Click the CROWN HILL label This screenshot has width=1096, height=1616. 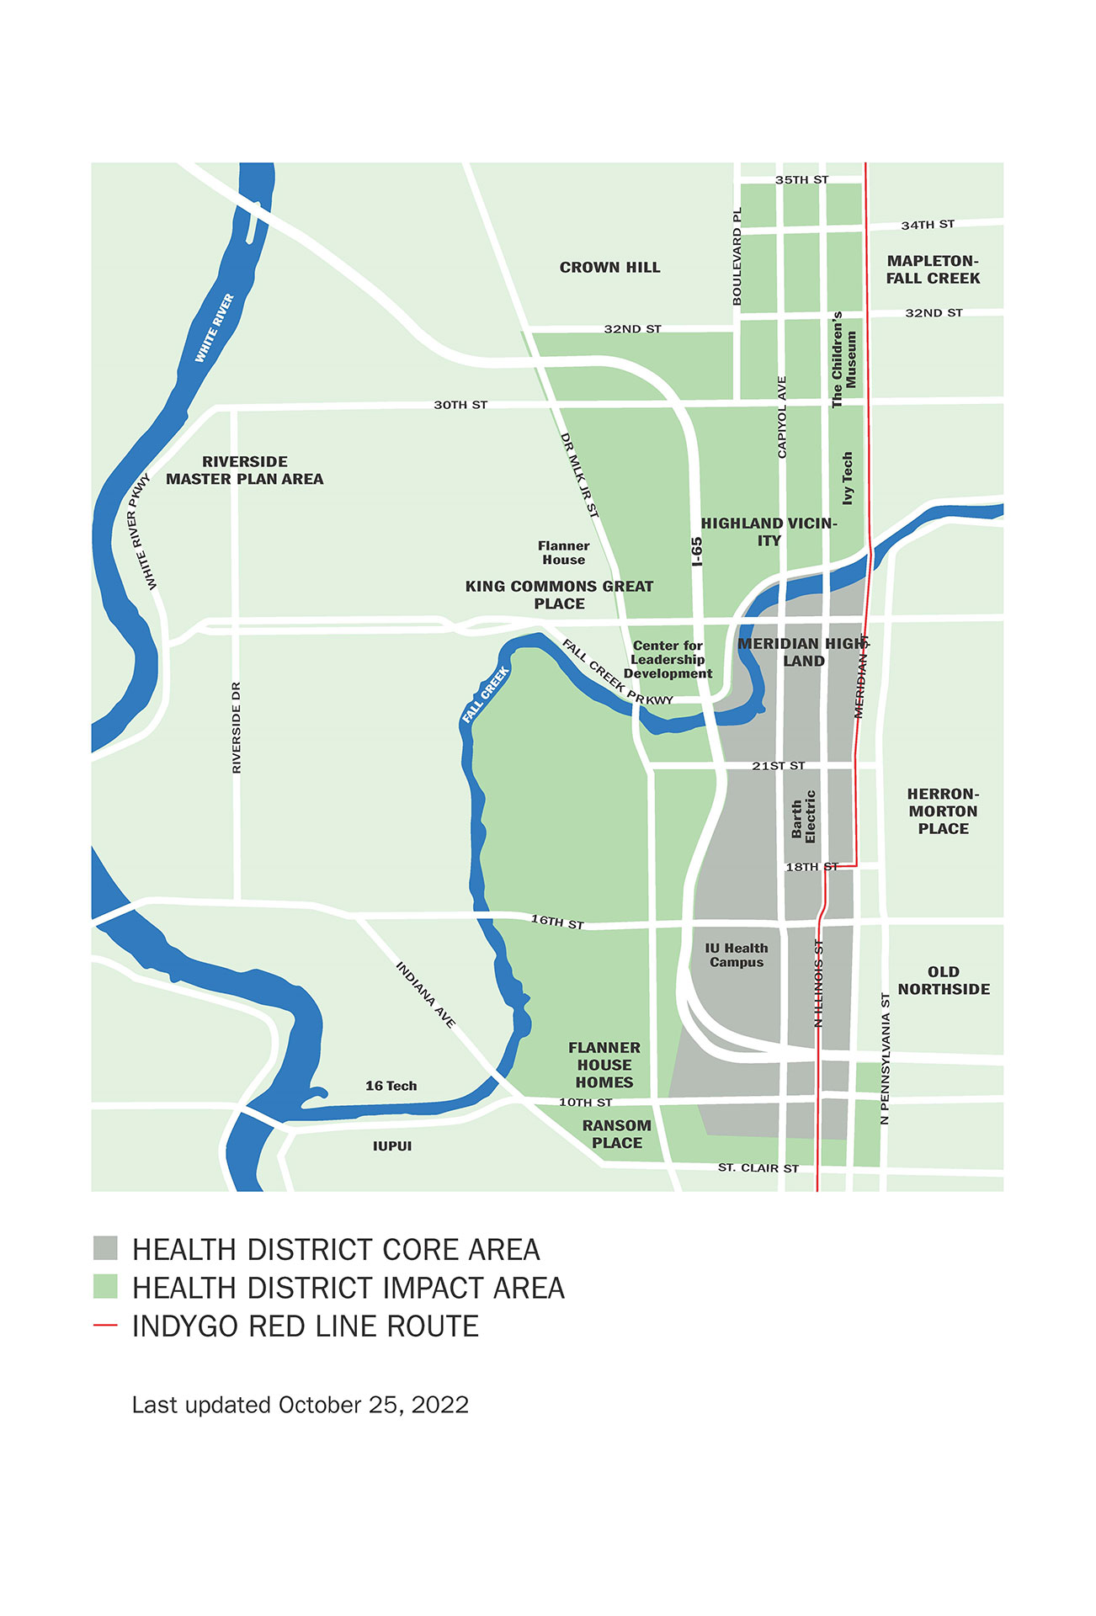(x=609, y=268)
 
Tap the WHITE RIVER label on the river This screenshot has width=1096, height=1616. (x=215, y=328)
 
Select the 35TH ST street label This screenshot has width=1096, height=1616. (x=801, y=180)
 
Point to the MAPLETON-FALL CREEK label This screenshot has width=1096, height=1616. (x=933, y=269)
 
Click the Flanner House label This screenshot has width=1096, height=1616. (x=563, y=553)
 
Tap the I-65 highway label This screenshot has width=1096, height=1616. (x=697, y=552)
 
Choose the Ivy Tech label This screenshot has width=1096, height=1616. (x=848, y=478)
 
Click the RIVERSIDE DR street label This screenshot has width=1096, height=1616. (x=237, y=727)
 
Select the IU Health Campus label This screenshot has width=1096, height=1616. (x=737, y=955)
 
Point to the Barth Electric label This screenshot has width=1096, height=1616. (x=803, y=816)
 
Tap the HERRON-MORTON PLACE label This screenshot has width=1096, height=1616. (x=943, y=811)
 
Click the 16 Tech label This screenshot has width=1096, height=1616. (x=391, y=1086)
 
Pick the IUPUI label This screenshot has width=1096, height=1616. (x=392, y=1146)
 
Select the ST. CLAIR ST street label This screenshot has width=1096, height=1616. (x=758, y=1168)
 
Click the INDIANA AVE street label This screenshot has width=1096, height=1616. (x=426, y=995)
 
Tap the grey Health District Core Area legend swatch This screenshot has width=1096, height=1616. (x=105, y=1248)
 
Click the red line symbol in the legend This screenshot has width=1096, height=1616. (x=105, y=1326)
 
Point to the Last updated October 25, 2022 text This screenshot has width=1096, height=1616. (x=300, y=1405)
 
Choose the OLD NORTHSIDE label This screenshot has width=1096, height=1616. (x=943, y=981)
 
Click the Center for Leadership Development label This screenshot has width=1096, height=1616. (x=668, y=660)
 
